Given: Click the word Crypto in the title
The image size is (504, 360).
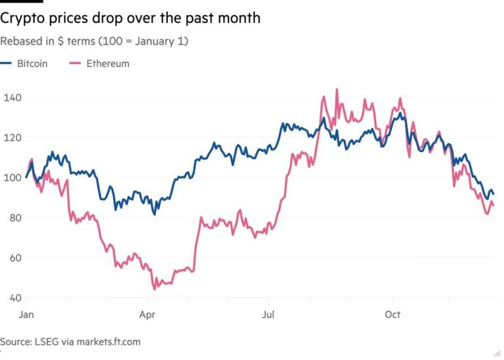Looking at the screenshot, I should click(22, 18).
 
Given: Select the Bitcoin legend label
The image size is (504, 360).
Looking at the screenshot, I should click(32, 64).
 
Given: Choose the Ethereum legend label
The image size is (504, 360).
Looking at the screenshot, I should click(108, 64).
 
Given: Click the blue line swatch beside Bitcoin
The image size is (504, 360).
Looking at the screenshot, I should click(7, 64).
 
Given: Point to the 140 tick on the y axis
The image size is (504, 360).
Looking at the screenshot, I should click(11, 98).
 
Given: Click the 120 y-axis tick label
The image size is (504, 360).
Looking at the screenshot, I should click(11, 138).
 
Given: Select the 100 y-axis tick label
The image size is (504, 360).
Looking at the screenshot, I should click(11, 178).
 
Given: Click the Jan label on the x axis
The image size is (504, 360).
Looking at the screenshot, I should click(26, 315).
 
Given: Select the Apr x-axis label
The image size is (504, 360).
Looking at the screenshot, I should click(146, 315).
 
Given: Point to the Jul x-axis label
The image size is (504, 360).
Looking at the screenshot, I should click(268, 315).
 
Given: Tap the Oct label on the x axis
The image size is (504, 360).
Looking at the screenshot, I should click(392, 315).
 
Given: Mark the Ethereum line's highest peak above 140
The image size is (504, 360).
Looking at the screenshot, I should click(337, 90).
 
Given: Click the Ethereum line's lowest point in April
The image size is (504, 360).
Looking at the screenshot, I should click(155, 289).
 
